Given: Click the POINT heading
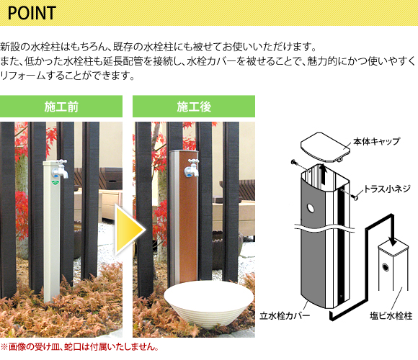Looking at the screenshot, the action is pos(32,13).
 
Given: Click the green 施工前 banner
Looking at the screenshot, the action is pos(61,107).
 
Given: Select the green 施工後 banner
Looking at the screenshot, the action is pos(194,107).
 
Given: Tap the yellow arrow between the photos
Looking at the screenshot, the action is pos(130,230).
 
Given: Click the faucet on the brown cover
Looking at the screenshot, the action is pos(192,168).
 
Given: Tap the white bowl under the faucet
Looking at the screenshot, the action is pos(208,304).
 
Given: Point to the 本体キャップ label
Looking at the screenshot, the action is pos(376,141).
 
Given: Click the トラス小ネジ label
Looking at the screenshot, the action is pos(387,189).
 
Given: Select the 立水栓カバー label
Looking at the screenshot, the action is pos(285,315).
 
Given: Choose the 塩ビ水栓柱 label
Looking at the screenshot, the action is pos(391,316).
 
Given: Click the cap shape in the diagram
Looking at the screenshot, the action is pos(325,148).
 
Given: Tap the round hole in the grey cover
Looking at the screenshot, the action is pos(311,208).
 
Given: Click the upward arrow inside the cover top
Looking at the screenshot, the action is pos(324,174).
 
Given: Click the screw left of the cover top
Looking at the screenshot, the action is pos(293,162).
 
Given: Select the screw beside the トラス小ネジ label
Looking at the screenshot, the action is pos(355,197).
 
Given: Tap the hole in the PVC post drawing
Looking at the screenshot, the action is pos(386,266).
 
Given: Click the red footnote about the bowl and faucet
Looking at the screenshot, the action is pos(79,347).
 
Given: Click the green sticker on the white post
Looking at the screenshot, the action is pos(55,183).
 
